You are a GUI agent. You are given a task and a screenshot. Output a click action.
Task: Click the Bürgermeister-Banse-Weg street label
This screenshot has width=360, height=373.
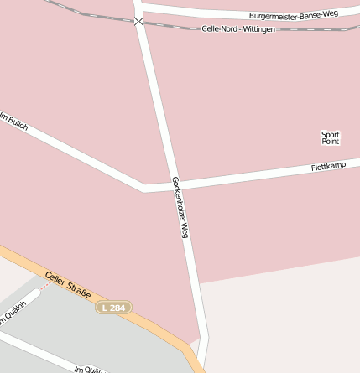[x=293, y=14]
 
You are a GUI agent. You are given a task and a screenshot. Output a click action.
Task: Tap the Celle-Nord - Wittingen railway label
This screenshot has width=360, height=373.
[x=238, y=28]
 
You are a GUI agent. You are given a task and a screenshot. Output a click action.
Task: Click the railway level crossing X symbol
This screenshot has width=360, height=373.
[x=139, y=21]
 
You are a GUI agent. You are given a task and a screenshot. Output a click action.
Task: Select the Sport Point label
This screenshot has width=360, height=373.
[x=331, y=137]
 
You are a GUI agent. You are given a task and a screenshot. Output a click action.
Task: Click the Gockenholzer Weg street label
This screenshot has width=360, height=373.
[x=180, y=208]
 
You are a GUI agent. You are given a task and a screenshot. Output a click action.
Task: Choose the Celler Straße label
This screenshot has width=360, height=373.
[x=68, y=284]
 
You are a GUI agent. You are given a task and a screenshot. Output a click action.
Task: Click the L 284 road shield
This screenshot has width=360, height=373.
[x=112, y=308]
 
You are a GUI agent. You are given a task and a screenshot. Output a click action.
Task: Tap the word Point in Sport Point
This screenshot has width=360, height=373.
[x=331, y=142]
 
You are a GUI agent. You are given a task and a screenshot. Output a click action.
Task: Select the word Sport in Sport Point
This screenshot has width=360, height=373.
[x=331, y=133]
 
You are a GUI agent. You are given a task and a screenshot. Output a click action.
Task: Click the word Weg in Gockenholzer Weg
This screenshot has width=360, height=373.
[x=185, y=231]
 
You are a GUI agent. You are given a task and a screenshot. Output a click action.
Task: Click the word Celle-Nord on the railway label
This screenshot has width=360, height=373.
[x=218, y=28]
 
